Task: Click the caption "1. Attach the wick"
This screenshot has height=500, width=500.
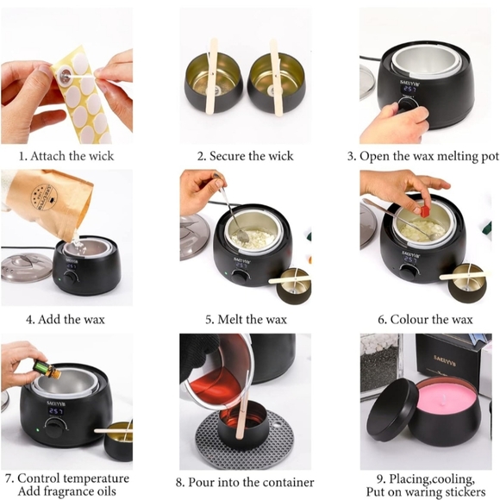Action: point(66,156)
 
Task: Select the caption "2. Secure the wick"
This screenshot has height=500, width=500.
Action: point(245,156)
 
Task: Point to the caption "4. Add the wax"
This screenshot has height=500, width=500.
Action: point(66,319)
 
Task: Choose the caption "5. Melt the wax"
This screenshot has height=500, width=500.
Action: point(246,319)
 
